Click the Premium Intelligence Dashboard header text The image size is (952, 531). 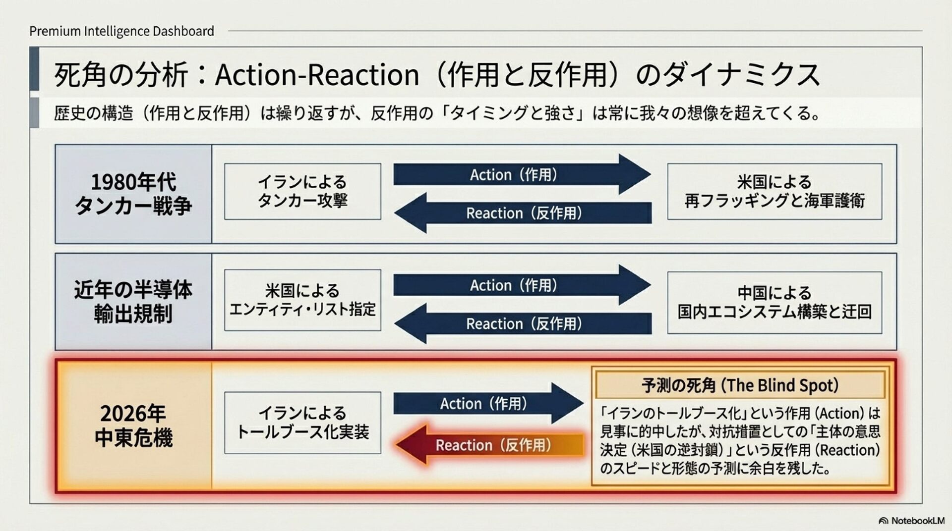tap(121, 31)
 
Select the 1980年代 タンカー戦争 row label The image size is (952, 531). tap(133, 194)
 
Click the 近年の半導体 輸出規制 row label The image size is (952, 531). tap(133, 301)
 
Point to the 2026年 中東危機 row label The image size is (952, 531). tap(133, 425)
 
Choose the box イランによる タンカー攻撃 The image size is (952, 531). tap(302, 191)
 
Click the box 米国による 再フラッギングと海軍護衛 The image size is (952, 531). tap(774, 191)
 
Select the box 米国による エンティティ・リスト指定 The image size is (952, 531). tap(302, 300)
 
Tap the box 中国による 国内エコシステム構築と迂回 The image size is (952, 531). tap(774, 302)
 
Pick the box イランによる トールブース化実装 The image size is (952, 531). tap(302, 423)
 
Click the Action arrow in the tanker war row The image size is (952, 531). tap(521, 174)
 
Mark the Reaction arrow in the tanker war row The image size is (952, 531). tap(523, 213)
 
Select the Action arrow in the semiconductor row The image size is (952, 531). tap(521, 285)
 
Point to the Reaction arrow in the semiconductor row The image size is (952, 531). tap(523, 323)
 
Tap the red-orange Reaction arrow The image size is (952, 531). tap(491, 445)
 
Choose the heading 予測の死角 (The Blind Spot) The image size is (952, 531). tap(740, 385)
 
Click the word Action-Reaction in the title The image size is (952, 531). tap(317, 75)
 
